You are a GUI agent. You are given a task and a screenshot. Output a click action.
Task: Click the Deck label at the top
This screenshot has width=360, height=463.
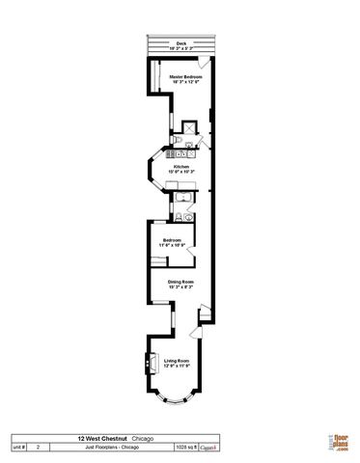tap(180, 43)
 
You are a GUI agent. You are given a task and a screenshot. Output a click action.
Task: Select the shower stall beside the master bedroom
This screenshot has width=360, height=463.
tap(188, 125)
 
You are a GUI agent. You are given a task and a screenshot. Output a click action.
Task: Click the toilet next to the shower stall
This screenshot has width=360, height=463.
tap(177, 140)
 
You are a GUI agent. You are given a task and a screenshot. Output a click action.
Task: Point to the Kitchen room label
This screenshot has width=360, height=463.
tap(180, 166)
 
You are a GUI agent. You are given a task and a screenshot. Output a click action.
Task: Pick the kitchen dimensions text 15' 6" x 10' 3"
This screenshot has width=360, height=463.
tap(180, 172)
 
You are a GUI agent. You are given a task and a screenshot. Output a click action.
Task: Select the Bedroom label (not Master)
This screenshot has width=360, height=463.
tap(173, 239)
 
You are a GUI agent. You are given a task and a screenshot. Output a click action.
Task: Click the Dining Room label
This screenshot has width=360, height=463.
tap(180, 282)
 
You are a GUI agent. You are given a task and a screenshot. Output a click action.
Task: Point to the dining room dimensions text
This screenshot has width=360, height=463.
tap(180, 287)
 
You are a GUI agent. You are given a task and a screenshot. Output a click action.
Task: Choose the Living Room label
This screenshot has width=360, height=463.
tap(177, 361)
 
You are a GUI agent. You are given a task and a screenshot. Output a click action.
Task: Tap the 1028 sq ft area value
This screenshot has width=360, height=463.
tap(183, 448)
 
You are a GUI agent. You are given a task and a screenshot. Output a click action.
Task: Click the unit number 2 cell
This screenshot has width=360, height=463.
tap(38, 448)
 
